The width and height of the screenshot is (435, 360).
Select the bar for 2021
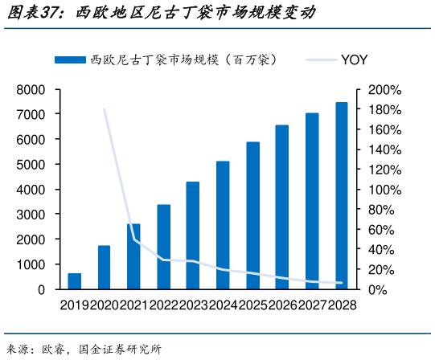133,256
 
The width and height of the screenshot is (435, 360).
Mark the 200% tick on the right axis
384,89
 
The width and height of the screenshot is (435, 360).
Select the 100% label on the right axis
384,190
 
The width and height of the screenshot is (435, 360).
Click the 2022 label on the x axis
163,305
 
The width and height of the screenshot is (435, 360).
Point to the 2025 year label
252,305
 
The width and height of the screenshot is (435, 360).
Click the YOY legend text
355,59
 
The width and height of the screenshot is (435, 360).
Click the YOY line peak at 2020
105,108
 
